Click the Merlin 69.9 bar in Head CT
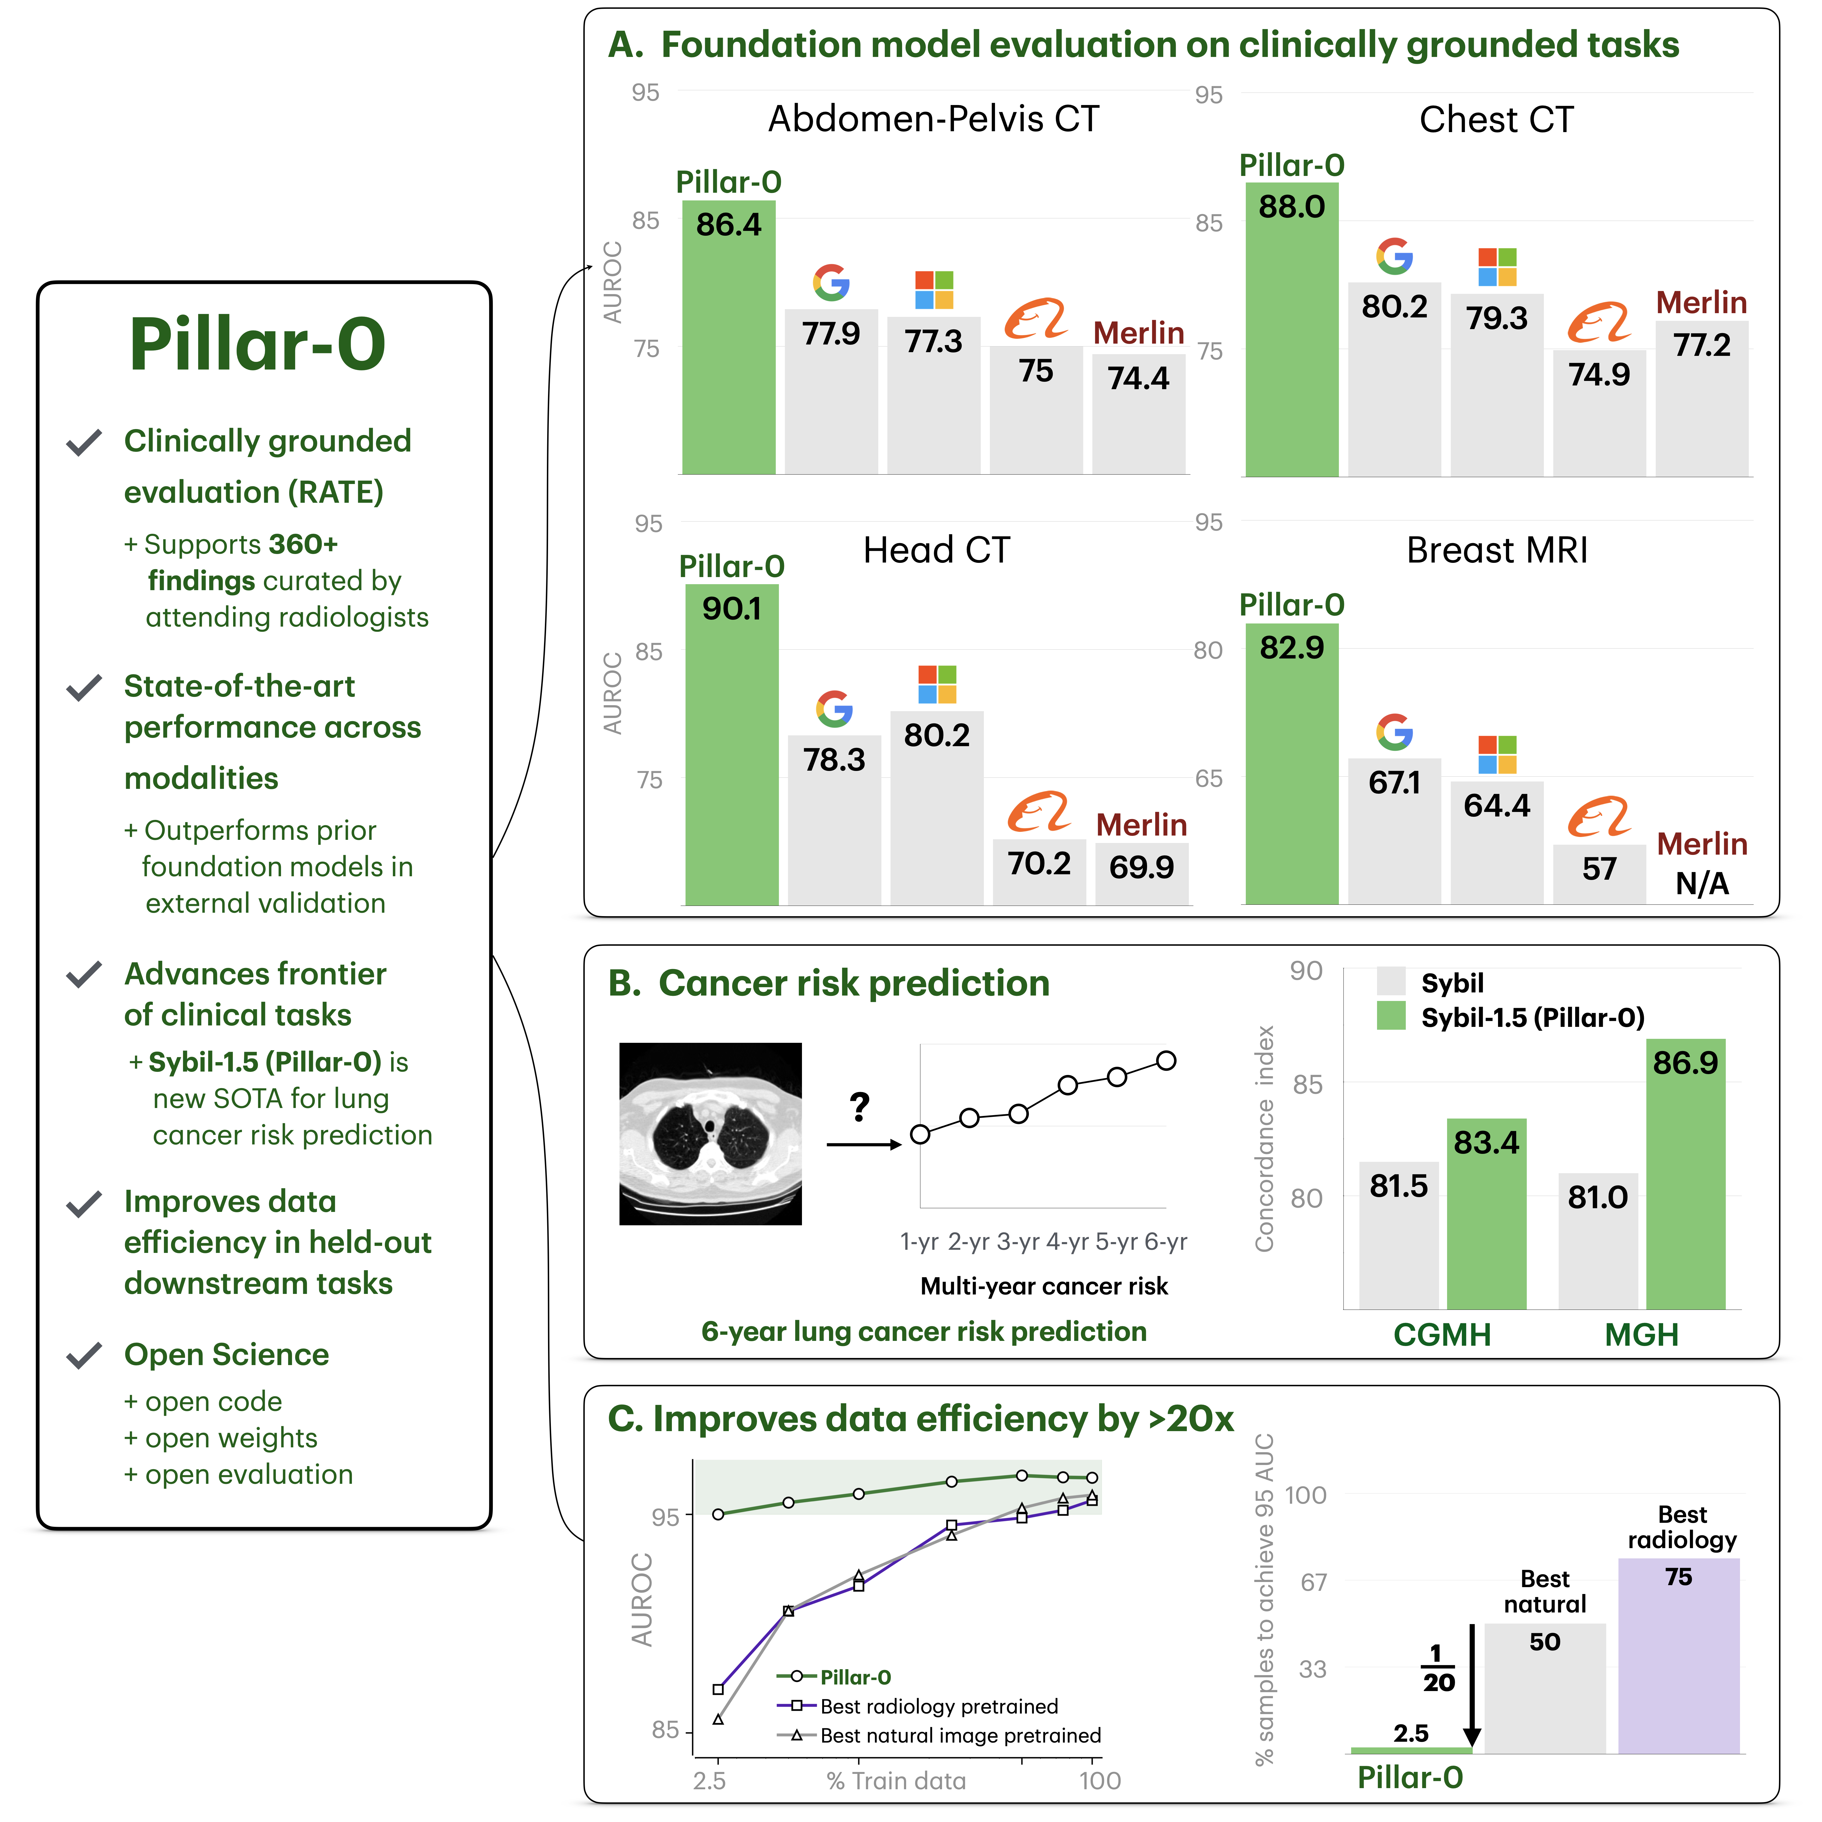(1141, 872)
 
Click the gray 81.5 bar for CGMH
(1399, 1236)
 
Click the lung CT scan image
(710, 1134)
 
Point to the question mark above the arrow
(859, 1106)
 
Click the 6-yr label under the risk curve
(1166, 1242)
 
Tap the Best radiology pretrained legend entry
(938, 1706)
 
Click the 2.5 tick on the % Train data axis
(710, 1780)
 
